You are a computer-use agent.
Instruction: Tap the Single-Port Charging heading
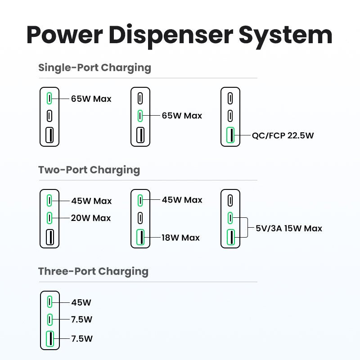tap(94, 68)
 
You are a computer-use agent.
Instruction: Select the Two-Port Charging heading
tap(89, 170)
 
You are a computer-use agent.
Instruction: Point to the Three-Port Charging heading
tap(93, 272)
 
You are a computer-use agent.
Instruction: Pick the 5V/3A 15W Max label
tap(289, 229)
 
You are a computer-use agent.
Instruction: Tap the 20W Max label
tap(91, 218)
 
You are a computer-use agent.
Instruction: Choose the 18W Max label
tap(181, 238)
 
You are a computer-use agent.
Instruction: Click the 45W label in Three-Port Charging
tap(81, 302)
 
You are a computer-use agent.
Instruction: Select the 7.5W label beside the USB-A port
tap(81, 338)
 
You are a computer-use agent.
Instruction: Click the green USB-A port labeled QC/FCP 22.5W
tap(230, 135)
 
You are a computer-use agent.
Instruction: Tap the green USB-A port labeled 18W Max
tap(140, 237)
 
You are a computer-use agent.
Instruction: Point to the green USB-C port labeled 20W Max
tap(49, 218)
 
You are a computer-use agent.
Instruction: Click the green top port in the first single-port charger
tap(49, 98)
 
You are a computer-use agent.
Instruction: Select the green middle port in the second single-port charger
tap(140, 116)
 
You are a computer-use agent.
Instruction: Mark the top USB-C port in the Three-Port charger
tap(49, 302)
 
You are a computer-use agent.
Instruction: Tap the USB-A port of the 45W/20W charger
tap(49, 237)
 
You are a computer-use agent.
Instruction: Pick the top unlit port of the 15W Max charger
tap(230, 200)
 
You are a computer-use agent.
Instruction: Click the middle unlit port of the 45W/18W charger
tap(140, 218)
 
